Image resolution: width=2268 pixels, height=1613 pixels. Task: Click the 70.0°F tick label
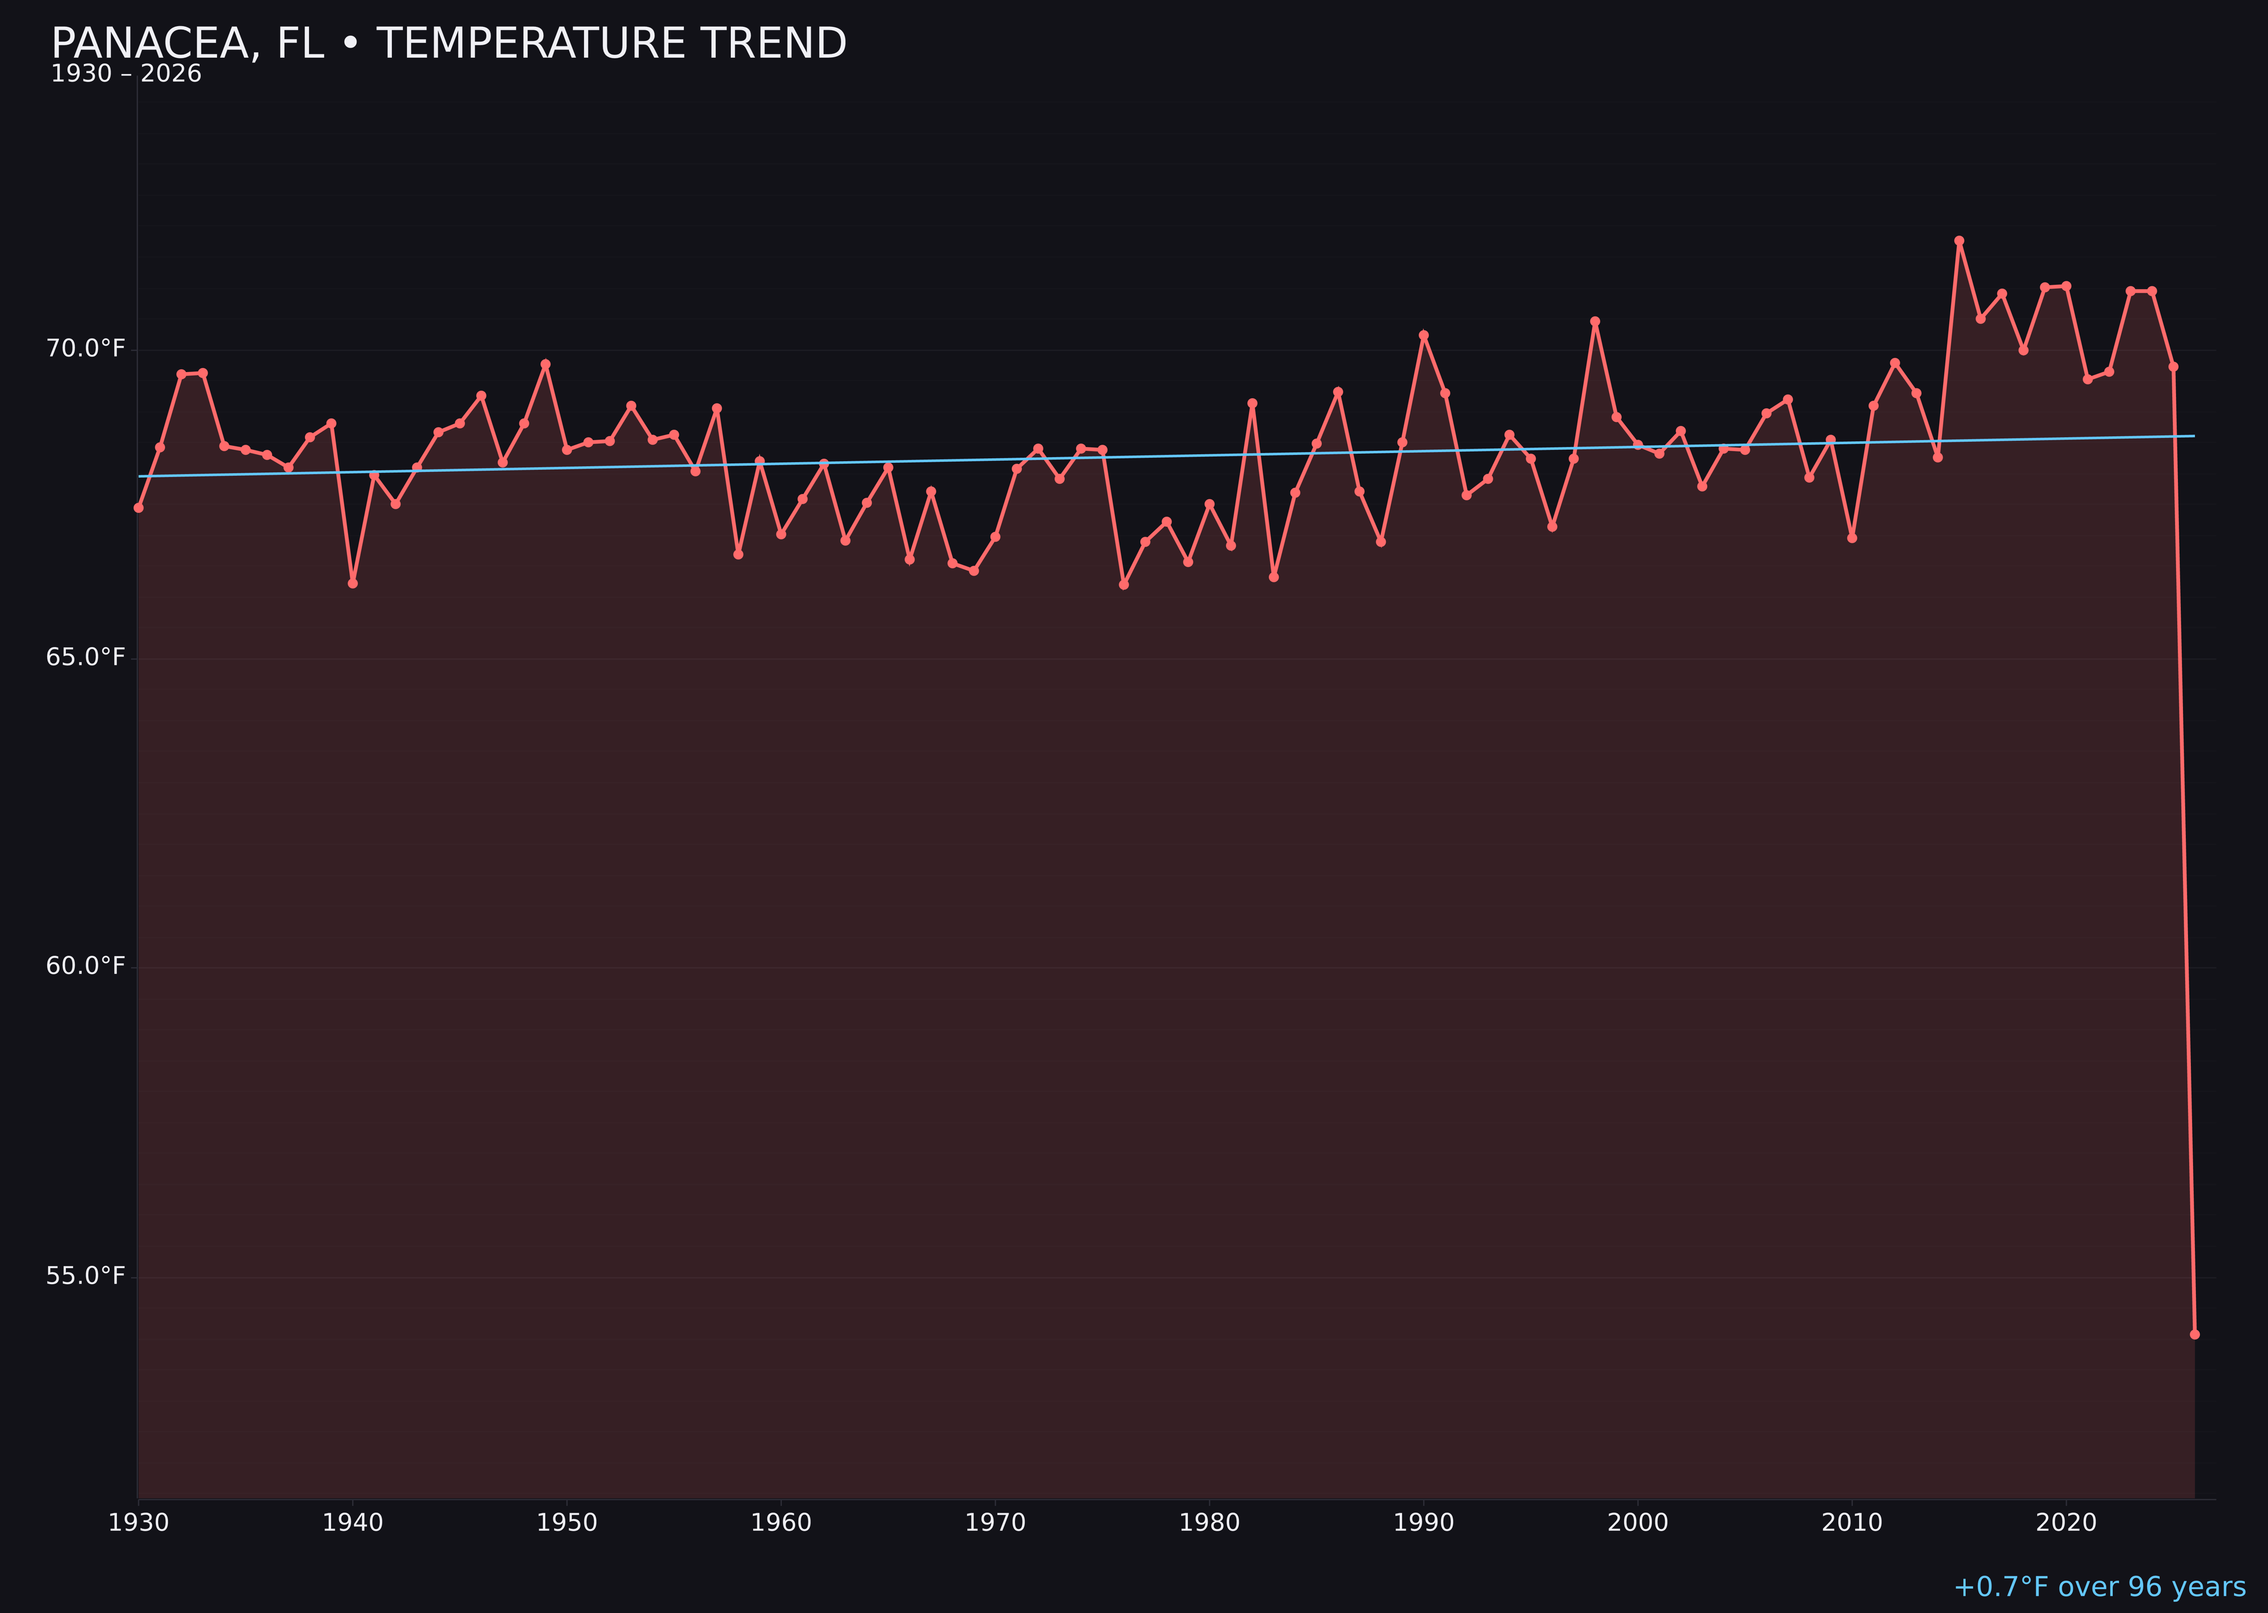coord(86,349)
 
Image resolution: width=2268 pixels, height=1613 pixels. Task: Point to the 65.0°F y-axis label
coord(86,657)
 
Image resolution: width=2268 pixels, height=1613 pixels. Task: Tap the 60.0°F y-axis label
coord(86,966)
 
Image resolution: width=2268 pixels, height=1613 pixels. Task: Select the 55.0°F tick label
coord(86,1276)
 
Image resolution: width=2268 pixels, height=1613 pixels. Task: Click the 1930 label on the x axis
coord(138,1523)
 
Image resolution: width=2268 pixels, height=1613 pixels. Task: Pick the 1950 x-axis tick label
coord(567,1523)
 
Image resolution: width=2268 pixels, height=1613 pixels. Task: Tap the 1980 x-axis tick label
coord(1209,1523)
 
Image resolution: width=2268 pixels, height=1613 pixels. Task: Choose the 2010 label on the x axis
coord(1852,1523)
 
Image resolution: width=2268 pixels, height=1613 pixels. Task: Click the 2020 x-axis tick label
coord(2066,1523)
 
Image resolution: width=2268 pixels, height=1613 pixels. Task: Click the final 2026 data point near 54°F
coord(2194,1335)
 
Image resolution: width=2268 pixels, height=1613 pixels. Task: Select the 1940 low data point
coord(353,583)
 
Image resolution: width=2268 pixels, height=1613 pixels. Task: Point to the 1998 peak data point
coord(1595,322)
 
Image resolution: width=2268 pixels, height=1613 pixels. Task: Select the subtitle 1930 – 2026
coord(126,74)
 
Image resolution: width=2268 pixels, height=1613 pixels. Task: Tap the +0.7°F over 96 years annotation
coord(2099,1587)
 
